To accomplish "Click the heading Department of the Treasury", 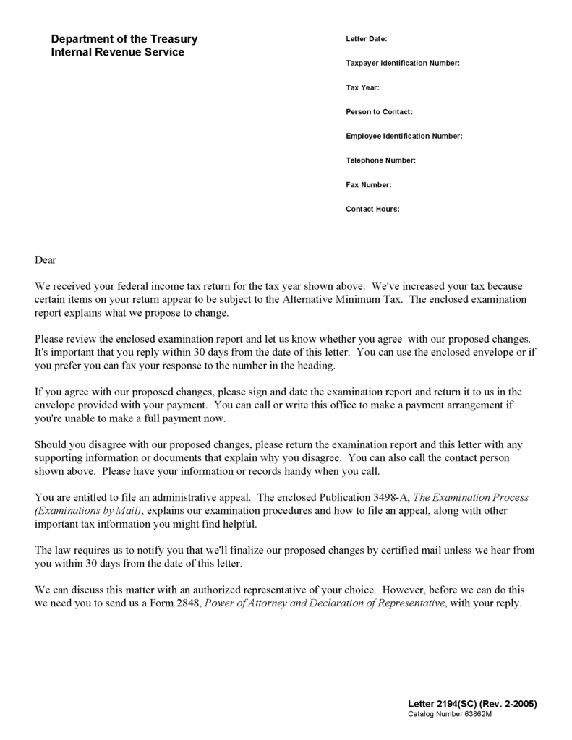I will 124,39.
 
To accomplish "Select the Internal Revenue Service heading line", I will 117,52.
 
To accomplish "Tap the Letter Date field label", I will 367,39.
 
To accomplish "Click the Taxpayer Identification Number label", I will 403,64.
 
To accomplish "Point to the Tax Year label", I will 362,87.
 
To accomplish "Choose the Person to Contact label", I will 379,112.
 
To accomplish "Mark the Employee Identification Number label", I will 404,136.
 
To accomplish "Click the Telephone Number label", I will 380,160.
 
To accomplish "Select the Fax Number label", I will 369,184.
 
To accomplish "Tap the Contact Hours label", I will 372,209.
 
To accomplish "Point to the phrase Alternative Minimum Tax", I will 343,299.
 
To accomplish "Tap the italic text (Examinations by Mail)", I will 89,510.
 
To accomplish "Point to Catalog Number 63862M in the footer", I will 449,714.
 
